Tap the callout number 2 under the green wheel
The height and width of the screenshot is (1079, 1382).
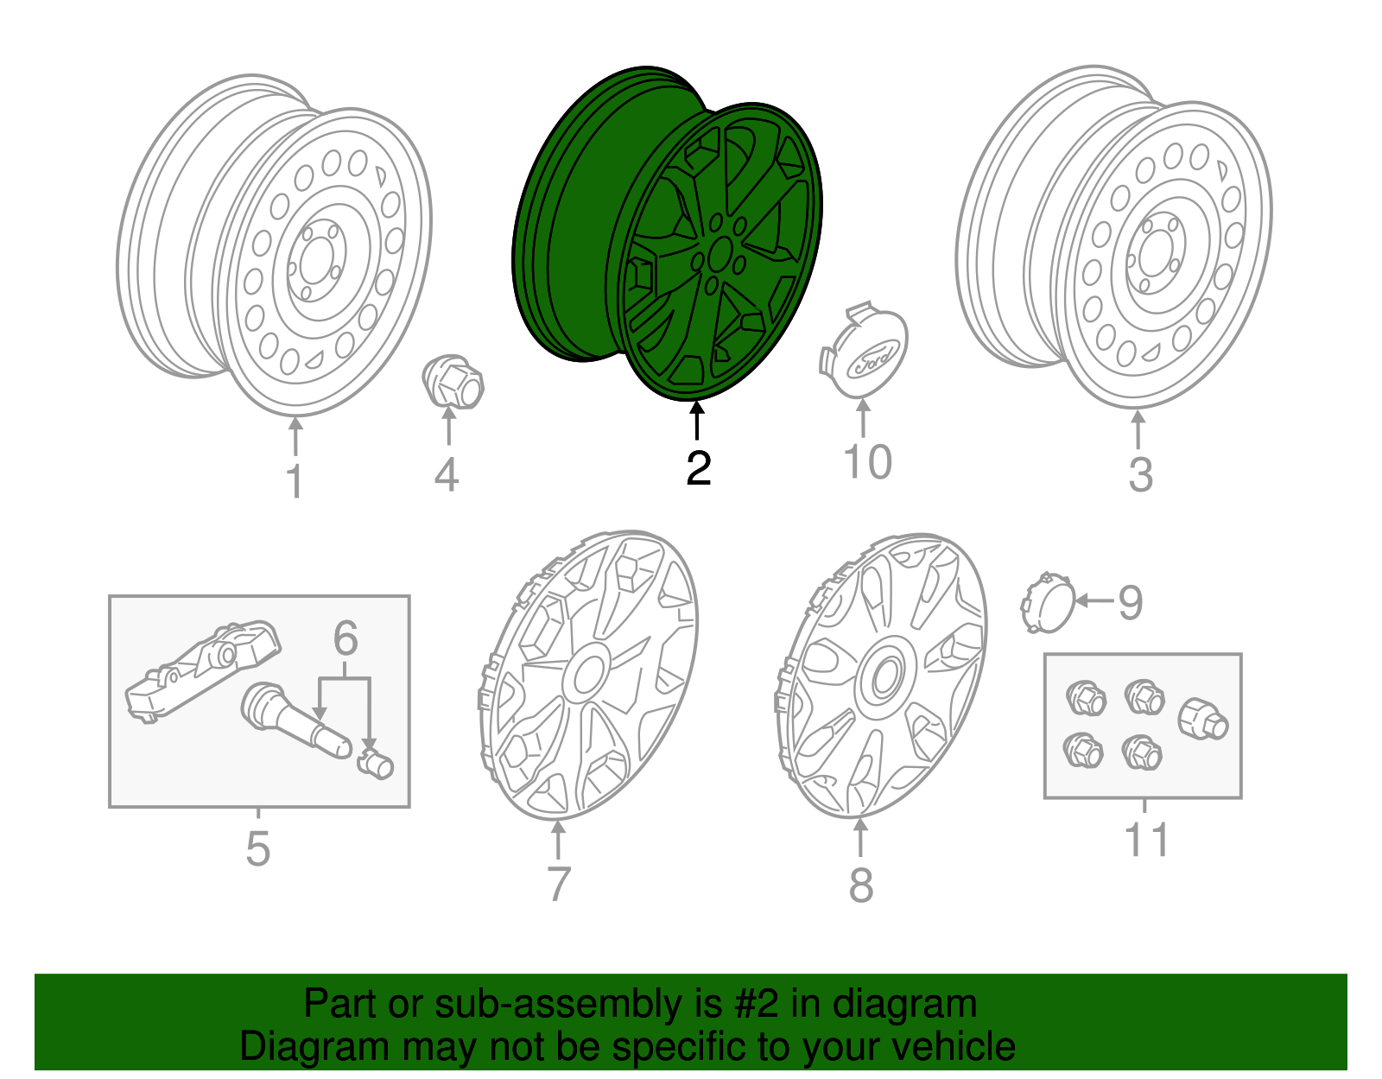pyautogui.click(x=698, y=467)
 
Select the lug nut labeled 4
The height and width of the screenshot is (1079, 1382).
pyautogui.click(x=454, y=382)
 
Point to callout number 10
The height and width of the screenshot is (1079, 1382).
pyautogui.click(x=866, y=461)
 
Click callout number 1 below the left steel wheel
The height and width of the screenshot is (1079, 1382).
pyautogui.click(x=295, y=480)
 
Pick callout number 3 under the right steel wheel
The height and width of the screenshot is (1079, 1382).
pyautogui.click(x=1140, y=474)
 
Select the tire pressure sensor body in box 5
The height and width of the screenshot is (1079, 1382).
pyautogui.click(x=203, y=670)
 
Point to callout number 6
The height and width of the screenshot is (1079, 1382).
pyautogui.click(x=345, y=638)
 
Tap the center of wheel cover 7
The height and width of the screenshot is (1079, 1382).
pyautogui.click(x=588, y=673)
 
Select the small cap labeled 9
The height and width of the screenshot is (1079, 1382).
pyautogui.click(x=1047, y=601)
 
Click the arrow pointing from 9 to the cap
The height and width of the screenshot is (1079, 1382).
pyautogui.click(x=1093, y=600)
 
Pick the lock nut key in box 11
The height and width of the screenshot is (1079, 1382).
pyautogui.click(x=1202, y=720)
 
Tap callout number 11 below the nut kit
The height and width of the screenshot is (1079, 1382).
pyautogui.click(x=1146, y=840)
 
